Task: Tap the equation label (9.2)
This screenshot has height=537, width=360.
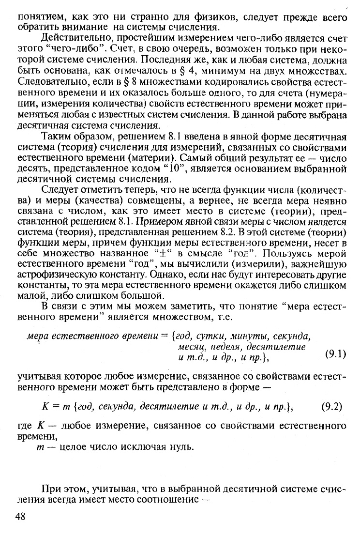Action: (x=331, y=406)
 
